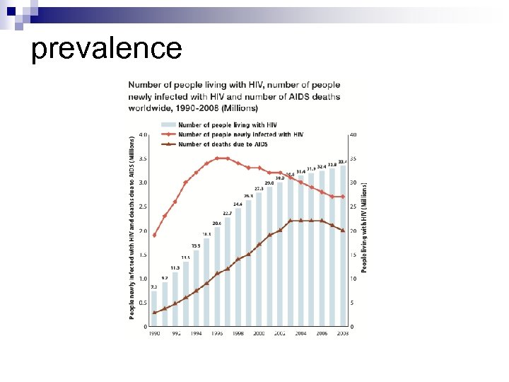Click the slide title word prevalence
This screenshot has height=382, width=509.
click(107, 49)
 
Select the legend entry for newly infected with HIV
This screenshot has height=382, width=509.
click(240, 134)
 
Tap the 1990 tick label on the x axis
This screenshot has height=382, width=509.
click(154, 332)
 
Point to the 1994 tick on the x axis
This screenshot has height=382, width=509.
click(196, 332)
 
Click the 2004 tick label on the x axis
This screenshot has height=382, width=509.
click(301, 332)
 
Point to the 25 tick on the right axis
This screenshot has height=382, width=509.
click(353, 207)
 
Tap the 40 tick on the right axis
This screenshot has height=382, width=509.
click(353, 134)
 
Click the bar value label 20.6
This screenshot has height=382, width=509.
click(217, 223)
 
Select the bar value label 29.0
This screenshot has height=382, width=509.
click(269, 183)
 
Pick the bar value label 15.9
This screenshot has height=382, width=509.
click(196, 245)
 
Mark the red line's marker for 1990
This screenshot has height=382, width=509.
click(154, 235)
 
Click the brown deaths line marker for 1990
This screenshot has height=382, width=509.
click(154, 312)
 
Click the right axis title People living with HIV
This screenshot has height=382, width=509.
click(364, 225)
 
